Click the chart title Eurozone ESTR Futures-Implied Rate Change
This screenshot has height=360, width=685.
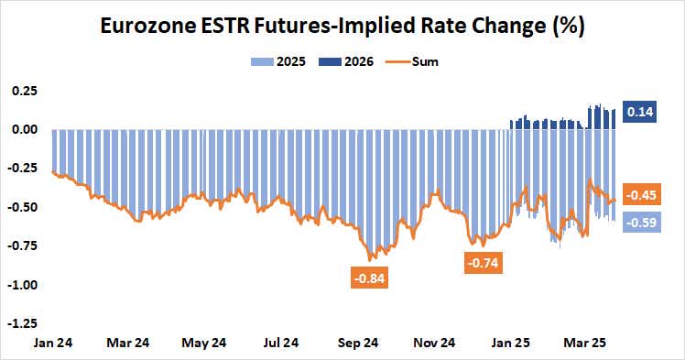[x=342, y=27]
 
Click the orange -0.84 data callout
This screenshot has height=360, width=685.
[x=370, y=277]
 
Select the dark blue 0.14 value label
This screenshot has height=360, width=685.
[x=640, y=112]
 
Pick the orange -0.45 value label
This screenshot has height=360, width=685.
[x=641, y=195]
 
